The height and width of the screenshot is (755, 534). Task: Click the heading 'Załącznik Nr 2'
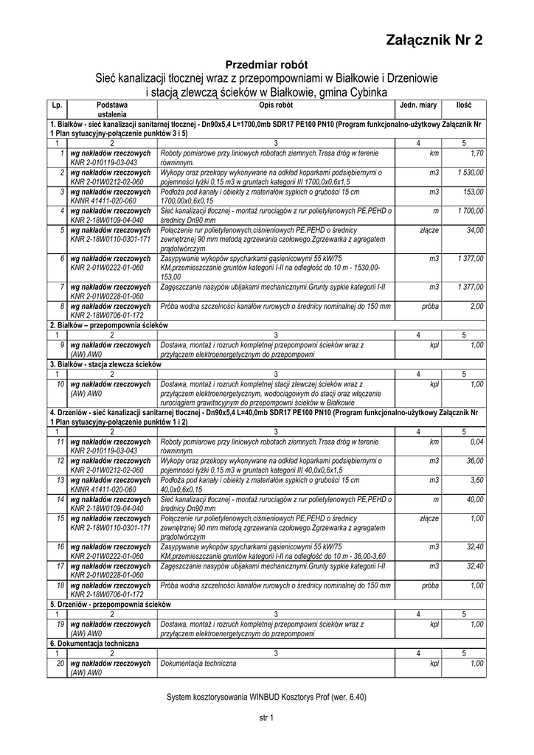point(434,41)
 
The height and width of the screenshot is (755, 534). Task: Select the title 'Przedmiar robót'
point(266,65)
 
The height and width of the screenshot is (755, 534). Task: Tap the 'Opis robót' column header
point(275,105)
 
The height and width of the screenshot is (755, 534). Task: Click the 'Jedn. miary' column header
point(418,105)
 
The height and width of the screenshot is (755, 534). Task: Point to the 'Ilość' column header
point(464,105)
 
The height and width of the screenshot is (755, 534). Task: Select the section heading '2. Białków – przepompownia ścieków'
point(109,325)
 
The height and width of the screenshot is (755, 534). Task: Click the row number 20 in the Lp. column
point(60,663)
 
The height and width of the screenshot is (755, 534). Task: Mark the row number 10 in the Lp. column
point(60,384)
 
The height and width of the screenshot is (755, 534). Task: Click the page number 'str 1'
point(266,717)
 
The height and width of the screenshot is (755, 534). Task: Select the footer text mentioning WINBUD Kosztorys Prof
point(266,697)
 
